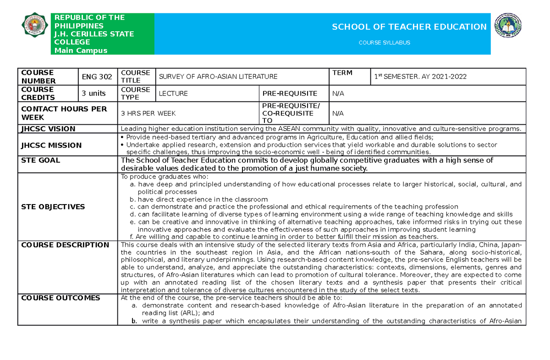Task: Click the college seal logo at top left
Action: [34, 27]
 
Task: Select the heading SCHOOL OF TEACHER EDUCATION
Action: [409, 27]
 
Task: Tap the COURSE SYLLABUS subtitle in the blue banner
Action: [384, 43]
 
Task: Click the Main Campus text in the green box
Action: [81, 50]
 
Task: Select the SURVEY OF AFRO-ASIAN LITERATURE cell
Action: [218, 77]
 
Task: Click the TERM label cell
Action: [342, 73]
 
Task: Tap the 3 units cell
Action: [93, 94]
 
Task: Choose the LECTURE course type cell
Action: [173, 94]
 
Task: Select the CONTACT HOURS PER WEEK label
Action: [64, 113]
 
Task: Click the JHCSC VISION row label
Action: [48, 129]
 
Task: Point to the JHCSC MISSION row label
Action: [51, 145]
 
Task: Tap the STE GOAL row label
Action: [41, 161]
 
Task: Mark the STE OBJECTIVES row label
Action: [53, 207]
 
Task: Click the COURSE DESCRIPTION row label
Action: [65, 245]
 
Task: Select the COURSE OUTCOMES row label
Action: [60, 298]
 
